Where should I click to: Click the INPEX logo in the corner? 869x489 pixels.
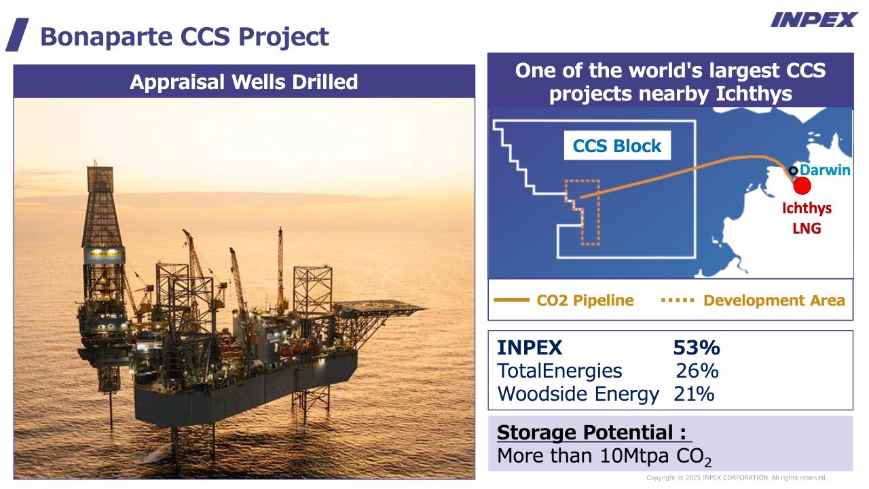click(813, 20)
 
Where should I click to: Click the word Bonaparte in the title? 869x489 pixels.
click(107, 37)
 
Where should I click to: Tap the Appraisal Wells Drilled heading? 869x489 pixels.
click(244, 82)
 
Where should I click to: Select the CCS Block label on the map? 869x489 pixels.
click(617, 145)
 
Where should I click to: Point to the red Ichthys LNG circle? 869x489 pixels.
click(802, 185)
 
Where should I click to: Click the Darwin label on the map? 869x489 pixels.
click(825, 170)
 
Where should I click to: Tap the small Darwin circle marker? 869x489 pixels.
click(794, 170)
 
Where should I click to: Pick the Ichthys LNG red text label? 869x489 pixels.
click(807, 218)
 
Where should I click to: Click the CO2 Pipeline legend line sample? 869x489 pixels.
click(511, 300)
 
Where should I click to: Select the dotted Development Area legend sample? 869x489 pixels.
click(678, 300)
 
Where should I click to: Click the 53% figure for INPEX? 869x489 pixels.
click(697, 347)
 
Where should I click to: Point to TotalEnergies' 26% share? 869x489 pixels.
click(697, 371)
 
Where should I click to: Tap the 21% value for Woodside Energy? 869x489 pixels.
click(694, 394)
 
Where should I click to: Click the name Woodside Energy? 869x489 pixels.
click(578, 394)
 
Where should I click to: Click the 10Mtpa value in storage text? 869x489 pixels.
click(634, 455)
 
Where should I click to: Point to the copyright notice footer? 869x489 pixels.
click(737, 477)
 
